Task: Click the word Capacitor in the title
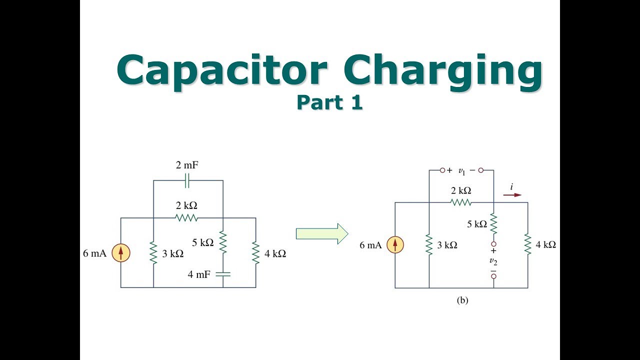(x=222, y=70)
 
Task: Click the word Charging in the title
(x=443, y=71)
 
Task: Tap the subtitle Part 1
(x=329, y=102)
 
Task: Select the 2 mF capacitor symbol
(x=187, y=180)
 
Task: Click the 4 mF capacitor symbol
(x=222, y=273)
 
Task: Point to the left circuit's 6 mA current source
(x=120, y=253)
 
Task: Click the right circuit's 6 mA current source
(x=395, y=244)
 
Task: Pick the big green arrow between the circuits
(x=322, y=233)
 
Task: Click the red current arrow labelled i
(x=512, y=195)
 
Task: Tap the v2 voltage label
(x=493, y=261)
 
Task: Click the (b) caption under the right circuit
(x=462, y=300)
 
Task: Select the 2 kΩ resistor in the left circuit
(x=186, y=218)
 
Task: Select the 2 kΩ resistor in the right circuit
(x=460, y=202)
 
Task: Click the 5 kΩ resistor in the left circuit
(x=222, y=242)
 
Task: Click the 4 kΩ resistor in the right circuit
(x=527, y=244)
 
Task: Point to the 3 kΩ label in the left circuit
(x=172, y=253)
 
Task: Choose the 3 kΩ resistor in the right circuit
(x=429, y=244)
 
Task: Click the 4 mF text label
(x=199, y=274)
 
